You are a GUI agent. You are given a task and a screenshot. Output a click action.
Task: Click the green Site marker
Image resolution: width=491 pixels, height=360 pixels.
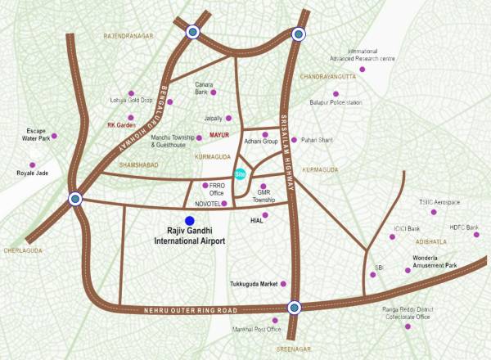240,173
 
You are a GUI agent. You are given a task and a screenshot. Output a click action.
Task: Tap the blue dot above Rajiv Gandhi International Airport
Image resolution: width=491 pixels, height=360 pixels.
190,220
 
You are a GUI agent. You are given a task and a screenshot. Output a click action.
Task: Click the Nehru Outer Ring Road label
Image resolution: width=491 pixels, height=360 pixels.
194,310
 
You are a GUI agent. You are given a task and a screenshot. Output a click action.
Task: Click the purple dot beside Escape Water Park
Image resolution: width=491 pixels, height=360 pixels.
54,136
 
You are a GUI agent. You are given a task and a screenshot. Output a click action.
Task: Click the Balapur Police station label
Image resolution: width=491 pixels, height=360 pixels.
336,102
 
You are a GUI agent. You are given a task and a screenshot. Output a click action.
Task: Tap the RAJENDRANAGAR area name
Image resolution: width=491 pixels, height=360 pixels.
128,37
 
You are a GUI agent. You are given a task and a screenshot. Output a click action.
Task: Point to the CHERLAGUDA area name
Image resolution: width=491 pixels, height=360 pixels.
22,250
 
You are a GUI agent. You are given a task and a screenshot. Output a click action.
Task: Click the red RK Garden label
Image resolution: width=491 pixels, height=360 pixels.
120,125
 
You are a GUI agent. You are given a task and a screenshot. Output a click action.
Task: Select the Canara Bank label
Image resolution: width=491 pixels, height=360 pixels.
204,88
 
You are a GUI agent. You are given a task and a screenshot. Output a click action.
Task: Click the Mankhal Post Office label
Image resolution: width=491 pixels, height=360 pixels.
256,330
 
